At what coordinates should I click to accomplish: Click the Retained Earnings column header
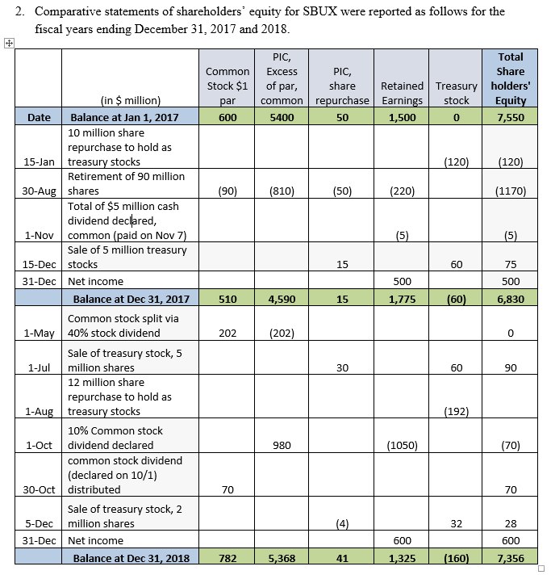(x=402, y=93)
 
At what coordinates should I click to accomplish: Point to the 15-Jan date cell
(x=40, y=162)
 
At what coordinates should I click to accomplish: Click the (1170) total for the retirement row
(x=511, y=191)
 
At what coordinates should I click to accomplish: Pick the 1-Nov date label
(x=40, y=235)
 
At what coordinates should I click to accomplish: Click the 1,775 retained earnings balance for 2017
(x=402, y=299)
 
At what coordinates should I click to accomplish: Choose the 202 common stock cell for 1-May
(x=227, y=333)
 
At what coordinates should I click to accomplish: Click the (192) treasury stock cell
(x=456, y=411)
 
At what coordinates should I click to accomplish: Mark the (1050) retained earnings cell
(x=402, y=445)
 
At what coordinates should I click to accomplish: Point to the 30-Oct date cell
(x=40, y=489)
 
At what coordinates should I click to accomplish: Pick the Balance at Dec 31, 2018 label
(x=131, y=558)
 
